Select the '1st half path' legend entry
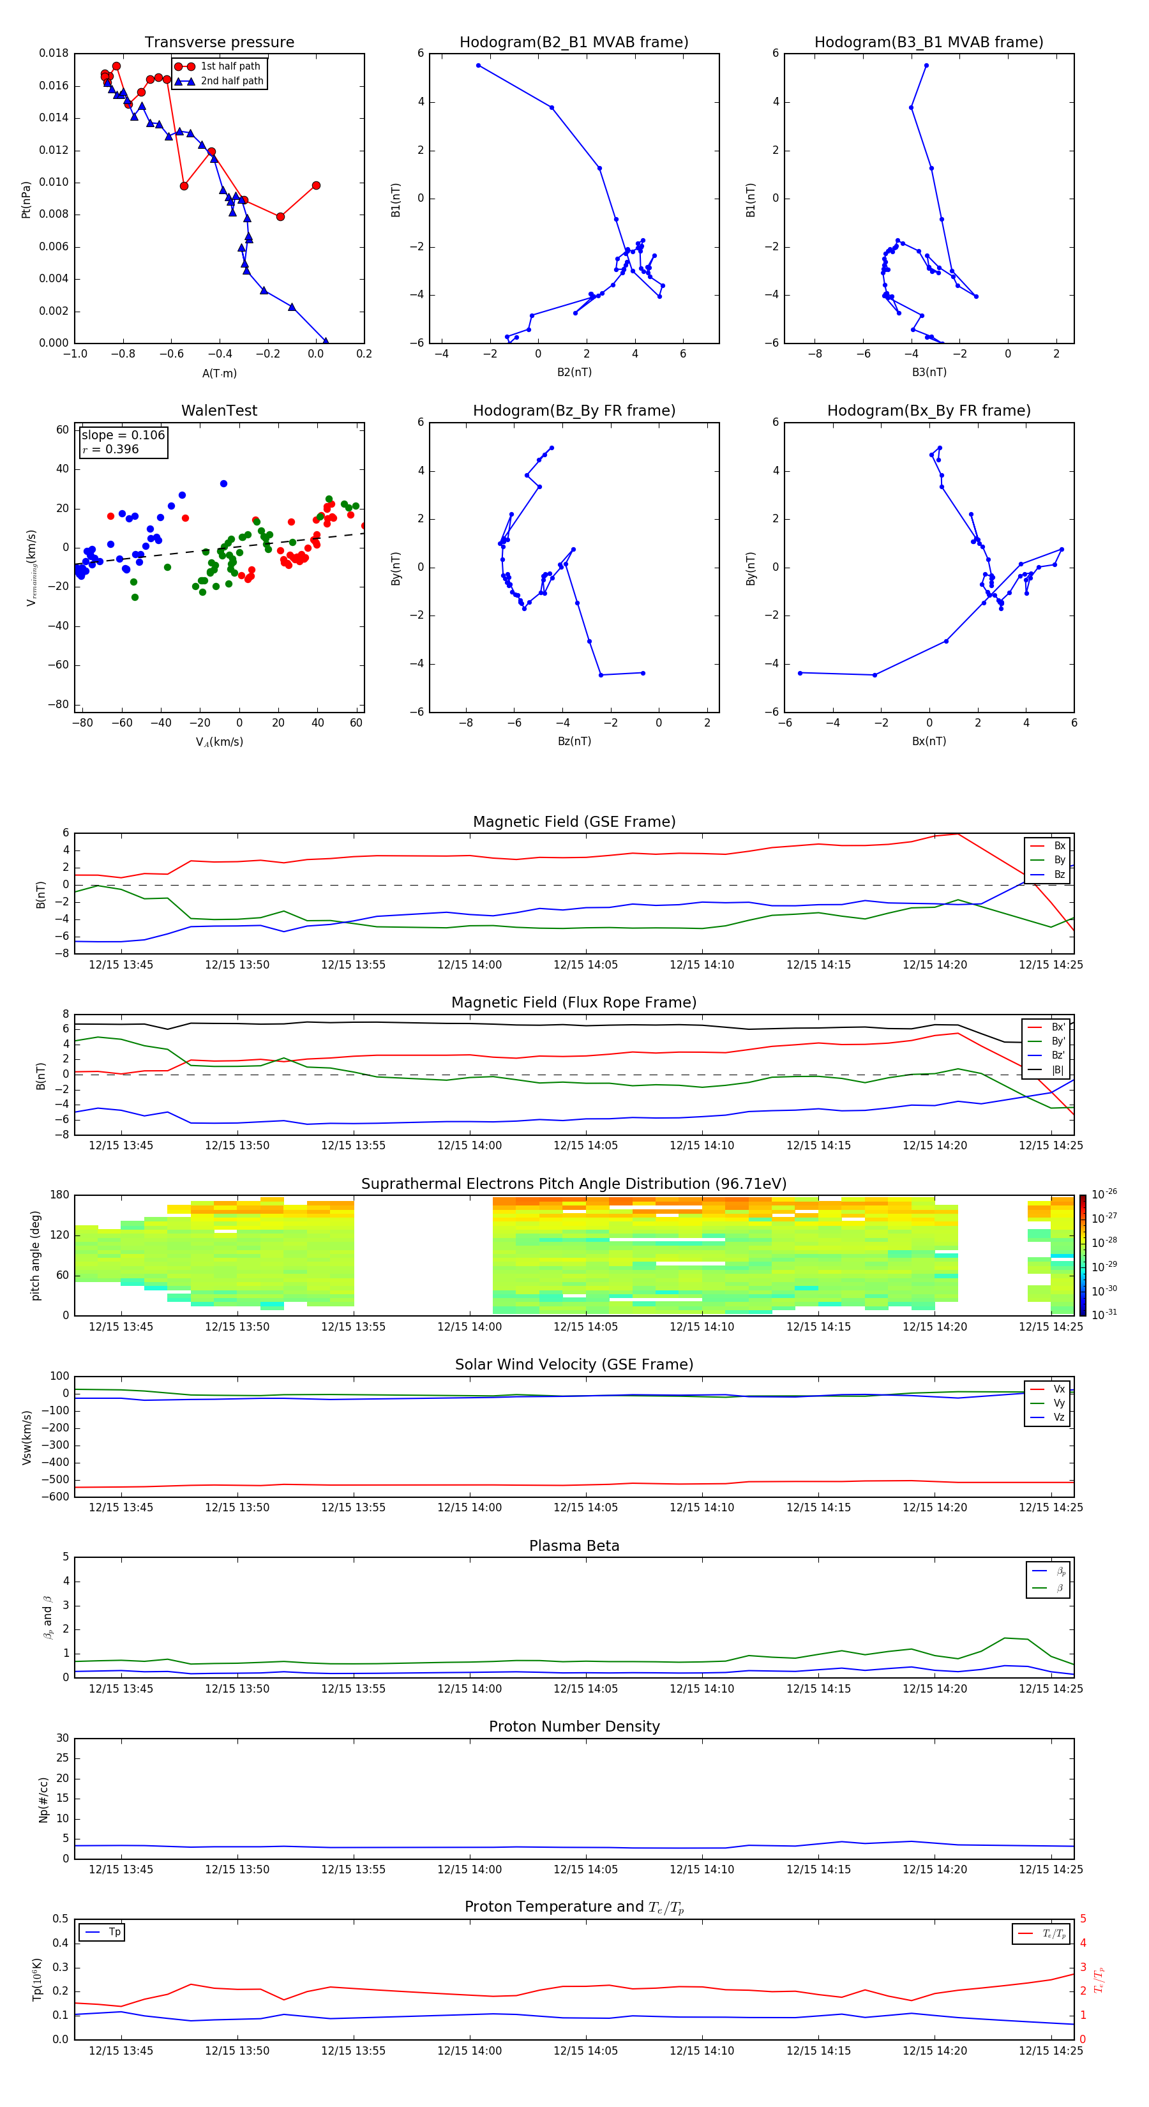click(230, 66)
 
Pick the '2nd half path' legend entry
click(232, 81)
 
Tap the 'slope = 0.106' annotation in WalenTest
click(123, 435)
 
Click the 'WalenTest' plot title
click(219, 411)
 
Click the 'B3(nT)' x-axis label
click(929, 372)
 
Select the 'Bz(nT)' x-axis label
click(574, 741)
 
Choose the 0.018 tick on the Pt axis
click(54, 53)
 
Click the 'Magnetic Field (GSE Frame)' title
click(574, 822)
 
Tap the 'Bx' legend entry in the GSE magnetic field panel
click(1059, 846)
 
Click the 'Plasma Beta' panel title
click(574, 1546)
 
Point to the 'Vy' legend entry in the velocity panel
click(1059, 1403)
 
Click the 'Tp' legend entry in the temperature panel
click(114, 1932)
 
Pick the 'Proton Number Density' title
click(574, 1726)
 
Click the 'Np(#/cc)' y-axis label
click(44, 1799)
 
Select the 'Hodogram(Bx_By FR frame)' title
click(928, 411)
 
